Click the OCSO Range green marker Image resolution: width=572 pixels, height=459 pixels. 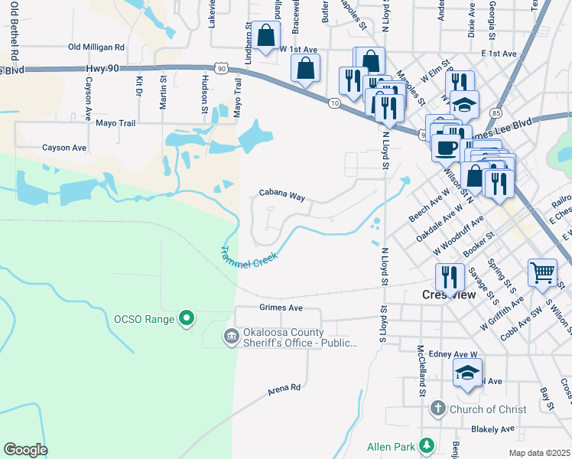point(186,317)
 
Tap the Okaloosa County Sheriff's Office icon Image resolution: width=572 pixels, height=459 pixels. point(230,337)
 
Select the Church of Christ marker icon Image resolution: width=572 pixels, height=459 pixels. point(437,409)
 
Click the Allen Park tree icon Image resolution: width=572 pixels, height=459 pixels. point(427,445)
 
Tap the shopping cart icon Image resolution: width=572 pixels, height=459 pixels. point(542,272)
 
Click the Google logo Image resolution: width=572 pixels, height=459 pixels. point(25,449)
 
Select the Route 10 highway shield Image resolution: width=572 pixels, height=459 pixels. point(334,103)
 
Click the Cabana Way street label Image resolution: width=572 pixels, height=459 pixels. point(281,196)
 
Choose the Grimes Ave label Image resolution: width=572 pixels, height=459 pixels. point(281,308)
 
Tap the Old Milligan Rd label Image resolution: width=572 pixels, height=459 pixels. point(96,47)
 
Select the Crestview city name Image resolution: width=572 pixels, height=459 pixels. point(448,295)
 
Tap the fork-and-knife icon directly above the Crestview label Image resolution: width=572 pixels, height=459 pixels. point(449,275)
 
